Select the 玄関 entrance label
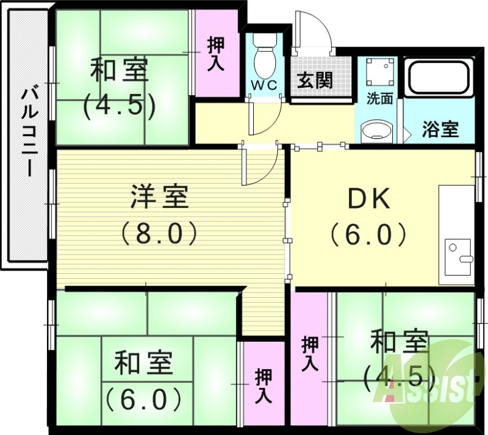pyautogui.click(x=315, y=80)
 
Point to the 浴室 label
pyautogui.click(x=440, y=129)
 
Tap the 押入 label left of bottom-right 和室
pyautogui.click(x=310, y=354)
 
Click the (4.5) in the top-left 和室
pyautogui.click(x=119, y=105)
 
